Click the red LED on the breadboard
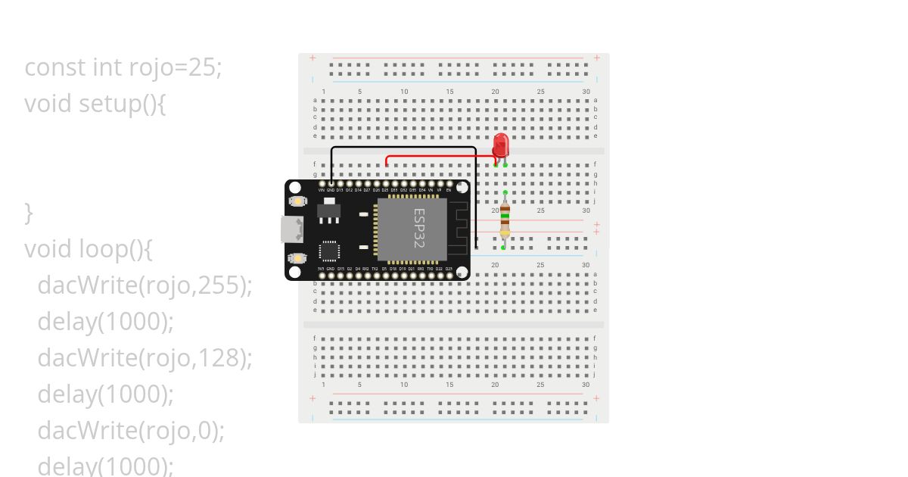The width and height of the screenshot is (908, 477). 500,145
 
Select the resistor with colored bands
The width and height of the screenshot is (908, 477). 505,220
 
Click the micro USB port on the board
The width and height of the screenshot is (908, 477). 292,229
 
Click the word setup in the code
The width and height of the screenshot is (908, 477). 110,104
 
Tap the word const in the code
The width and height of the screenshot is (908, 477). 55,67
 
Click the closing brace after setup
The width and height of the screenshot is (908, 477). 29,213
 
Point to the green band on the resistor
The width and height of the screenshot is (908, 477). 505,217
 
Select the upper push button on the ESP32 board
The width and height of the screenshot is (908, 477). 297,201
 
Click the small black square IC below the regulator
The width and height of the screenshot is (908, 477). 329,251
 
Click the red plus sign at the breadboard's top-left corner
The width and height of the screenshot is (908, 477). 313,58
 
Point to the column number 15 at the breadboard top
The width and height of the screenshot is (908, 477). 449,92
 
